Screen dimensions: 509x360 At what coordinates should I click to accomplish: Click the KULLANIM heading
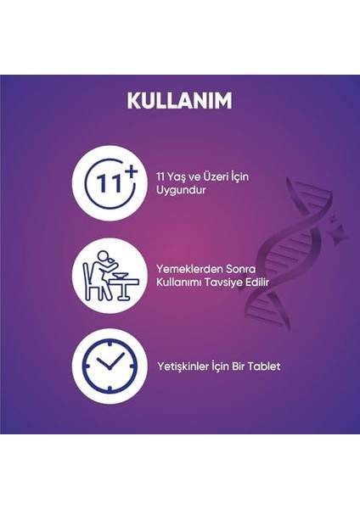179,100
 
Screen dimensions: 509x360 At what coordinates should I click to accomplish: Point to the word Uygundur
181,190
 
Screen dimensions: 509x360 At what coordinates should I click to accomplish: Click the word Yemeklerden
187,267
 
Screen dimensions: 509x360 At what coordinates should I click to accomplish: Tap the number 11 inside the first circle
101,184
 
